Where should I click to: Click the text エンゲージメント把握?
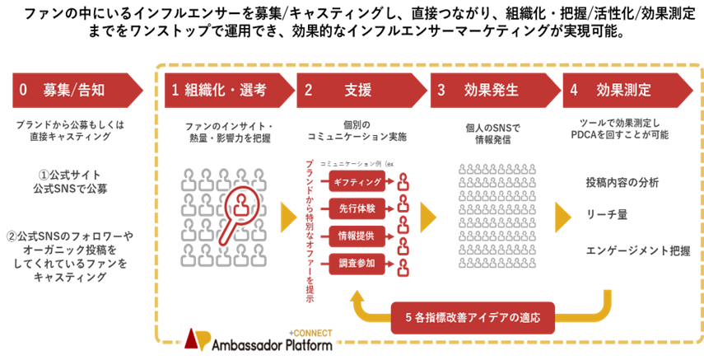(x=639, y=249)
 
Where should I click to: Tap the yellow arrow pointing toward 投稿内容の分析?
(x=562, y=217)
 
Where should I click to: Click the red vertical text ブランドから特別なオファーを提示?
(x=310, y=231)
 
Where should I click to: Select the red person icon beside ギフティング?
(x=403, y=182)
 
